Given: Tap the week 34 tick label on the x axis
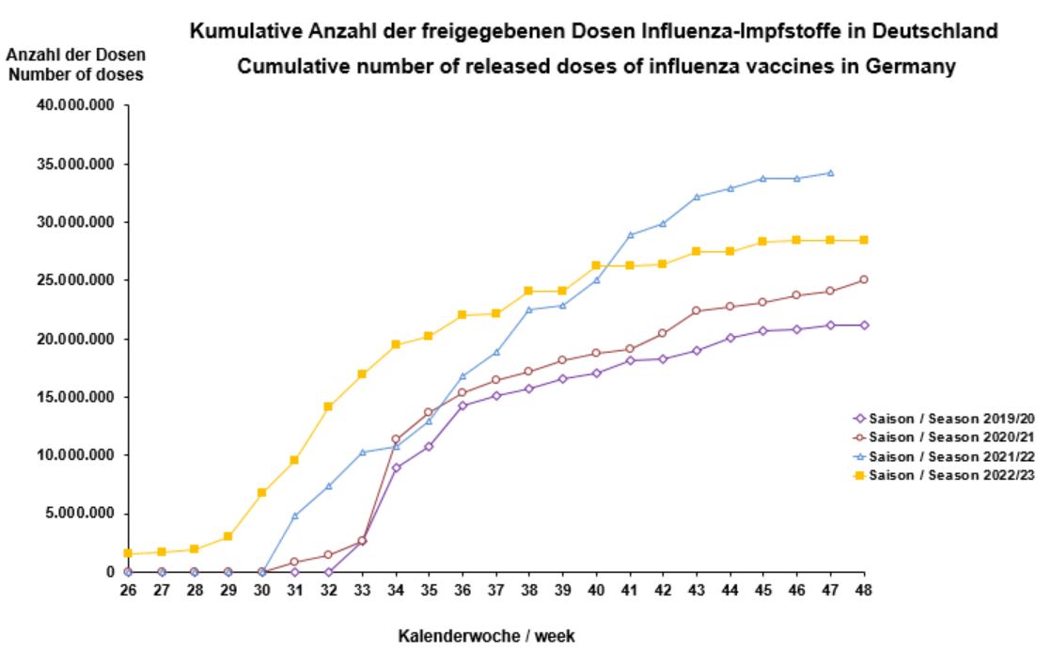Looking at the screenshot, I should (x=396, y=590).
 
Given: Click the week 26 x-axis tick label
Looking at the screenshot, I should (x=128, y=590).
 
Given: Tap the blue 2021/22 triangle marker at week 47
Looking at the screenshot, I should (x=830, y=173).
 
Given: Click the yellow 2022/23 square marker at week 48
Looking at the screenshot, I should (x=864, y=240).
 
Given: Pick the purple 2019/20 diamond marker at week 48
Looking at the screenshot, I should (x=864, y=325).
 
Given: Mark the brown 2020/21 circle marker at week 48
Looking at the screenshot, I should (x=864, y=279).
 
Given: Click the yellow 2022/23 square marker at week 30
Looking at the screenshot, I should (x=262, y=492).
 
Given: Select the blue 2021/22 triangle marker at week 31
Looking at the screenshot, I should (x=295, y=516).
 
